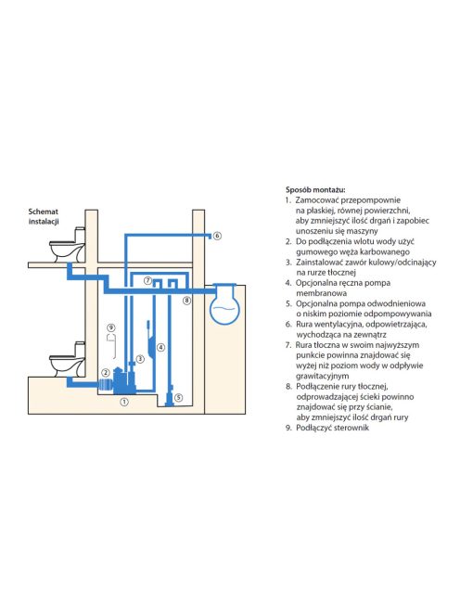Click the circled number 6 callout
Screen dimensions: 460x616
217,236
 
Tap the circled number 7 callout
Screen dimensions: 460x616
147,280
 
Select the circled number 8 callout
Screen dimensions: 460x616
187,301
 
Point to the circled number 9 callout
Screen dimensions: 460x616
111,327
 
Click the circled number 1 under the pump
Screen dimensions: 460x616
124,402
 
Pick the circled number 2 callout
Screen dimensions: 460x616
105,372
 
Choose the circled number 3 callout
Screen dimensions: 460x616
140,359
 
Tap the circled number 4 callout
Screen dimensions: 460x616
160,347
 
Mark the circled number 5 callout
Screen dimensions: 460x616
178,398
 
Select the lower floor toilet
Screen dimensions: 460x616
67,359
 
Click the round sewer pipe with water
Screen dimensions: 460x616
224,303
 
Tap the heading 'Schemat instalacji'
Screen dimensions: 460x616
44,216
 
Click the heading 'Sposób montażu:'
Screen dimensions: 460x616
315,190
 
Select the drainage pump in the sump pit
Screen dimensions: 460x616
170,396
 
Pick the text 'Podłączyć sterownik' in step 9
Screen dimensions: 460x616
332,428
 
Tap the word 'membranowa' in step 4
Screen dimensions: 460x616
316,293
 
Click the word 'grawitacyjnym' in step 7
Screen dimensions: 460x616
322,376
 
